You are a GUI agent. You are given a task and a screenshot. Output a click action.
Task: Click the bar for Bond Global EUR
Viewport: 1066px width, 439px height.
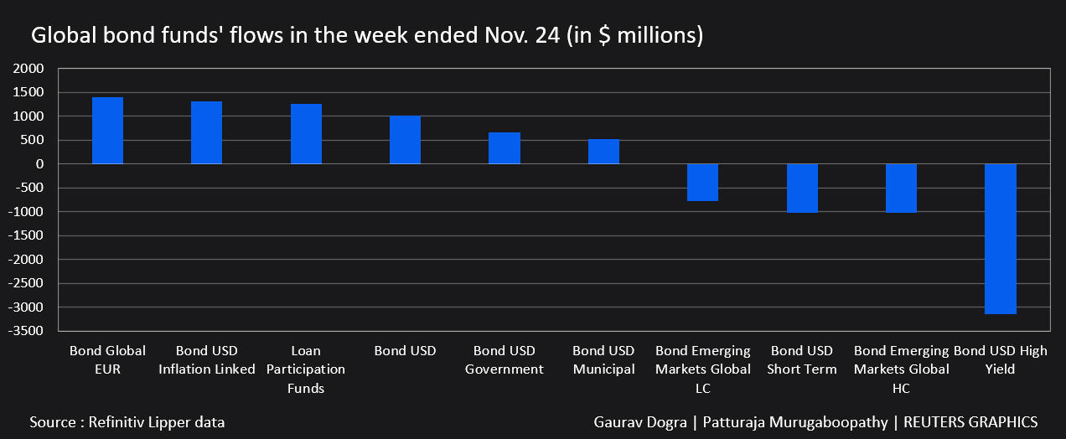point(107,131)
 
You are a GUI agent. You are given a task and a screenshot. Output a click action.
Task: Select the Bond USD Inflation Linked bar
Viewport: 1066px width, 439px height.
point(206,132)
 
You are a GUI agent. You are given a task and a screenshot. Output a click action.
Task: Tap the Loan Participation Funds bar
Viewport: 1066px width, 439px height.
point(306,134)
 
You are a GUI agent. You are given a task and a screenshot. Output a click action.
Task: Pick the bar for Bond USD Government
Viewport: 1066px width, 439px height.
point(505,148)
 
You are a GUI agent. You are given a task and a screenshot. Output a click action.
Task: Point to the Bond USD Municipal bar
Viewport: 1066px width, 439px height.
point(603,152)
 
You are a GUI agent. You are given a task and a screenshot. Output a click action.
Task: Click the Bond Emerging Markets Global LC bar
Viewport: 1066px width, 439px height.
point(702,182)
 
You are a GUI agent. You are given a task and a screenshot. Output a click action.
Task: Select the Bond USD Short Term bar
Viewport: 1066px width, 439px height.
point(802,188)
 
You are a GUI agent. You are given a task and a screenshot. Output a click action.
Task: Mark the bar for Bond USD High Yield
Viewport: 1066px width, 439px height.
point(1000,239)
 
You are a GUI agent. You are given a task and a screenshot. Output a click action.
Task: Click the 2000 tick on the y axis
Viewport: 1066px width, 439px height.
point(40,69)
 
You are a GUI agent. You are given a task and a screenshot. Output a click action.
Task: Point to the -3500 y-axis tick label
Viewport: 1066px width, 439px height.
point(38,331)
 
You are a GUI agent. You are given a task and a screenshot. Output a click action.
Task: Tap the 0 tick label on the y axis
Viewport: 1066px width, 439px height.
point(49,164)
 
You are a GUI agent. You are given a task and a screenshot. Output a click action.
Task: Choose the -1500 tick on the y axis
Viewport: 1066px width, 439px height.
point(38,235)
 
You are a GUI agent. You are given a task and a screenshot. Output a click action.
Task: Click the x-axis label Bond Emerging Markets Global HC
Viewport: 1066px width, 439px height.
point(901,369)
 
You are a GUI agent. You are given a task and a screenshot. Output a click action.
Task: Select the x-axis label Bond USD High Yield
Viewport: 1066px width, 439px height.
point(1000,360)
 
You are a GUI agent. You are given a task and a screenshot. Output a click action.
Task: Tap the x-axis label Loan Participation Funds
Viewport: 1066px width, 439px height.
point(306,369)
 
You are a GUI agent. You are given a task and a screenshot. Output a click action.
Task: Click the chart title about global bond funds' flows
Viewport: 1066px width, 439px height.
point(367,36)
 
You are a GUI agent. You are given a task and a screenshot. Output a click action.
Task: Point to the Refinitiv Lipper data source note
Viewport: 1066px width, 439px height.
point(127,422)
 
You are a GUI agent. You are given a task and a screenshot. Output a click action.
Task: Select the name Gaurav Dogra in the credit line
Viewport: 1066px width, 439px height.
point(639,422)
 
